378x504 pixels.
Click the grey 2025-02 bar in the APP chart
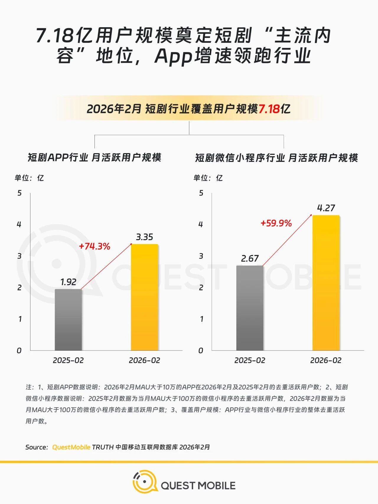pos(68,320)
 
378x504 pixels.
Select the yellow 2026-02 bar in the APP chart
pos(144,297)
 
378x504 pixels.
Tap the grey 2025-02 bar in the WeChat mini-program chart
pos(250,308)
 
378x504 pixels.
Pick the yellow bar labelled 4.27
pos(326,283)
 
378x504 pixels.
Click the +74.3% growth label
pos(94,246)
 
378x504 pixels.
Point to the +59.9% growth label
pos(276,223)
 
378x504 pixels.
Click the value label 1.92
pos(68,282)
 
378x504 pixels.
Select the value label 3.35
pos(144,237)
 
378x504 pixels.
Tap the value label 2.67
pos(250,259)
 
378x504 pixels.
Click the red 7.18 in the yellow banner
pos(269,109)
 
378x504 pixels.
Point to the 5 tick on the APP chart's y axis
pos(19,193)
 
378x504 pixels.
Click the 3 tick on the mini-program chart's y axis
pos(201,256)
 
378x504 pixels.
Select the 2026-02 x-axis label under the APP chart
pos(144,360)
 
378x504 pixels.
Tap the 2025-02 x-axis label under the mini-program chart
pos(250,360)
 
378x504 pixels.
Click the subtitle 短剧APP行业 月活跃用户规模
pos(94,158)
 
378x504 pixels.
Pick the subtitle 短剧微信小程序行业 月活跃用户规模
pos(276,158)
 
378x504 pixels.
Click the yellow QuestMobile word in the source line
pos(71,447)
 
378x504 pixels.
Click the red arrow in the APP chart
pos(106,266)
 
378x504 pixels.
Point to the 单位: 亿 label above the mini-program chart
pos(208,178)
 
